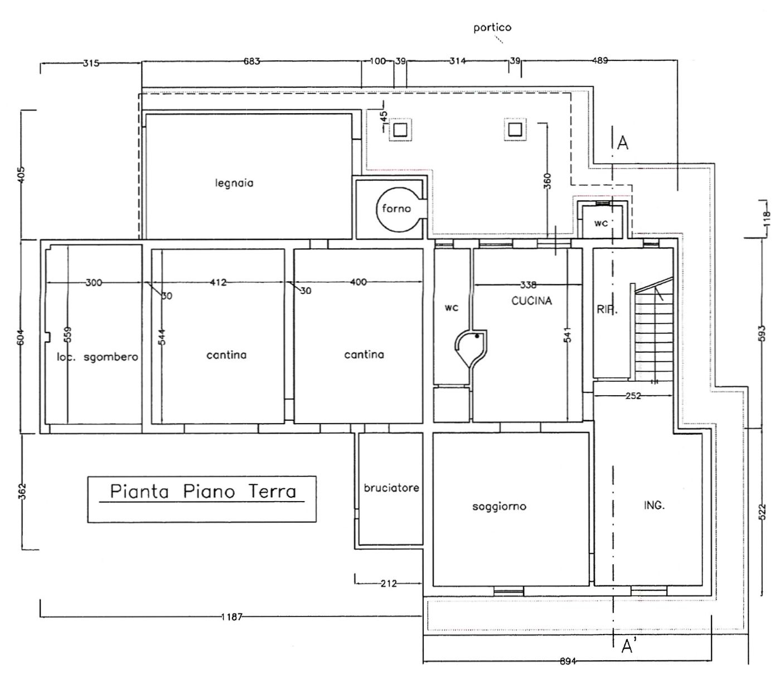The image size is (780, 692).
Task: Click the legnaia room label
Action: (234, 182)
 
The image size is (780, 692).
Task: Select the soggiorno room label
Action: (499, 506)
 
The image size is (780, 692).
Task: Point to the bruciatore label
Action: (391, 488)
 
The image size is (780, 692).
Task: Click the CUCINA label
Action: (531, 301)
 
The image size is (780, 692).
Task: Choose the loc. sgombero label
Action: (98, 357)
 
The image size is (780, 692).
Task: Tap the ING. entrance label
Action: (654, 505)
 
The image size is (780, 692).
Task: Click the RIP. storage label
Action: (607, 309)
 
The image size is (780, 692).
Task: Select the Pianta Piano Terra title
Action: (203, 491)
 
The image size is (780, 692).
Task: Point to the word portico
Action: (492, 28)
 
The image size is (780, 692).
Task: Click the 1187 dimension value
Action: (231, 617)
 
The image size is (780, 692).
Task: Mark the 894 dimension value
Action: (568, 661)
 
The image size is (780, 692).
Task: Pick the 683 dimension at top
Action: (251, 61)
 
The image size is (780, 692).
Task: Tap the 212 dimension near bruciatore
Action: (389, 583)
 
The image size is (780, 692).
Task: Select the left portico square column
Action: (400, 129)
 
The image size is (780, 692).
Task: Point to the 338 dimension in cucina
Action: (528, 285)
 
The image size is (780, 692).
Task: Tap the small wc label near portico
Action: (601, 223)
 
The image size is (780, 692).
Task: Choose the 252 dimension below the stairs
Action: (633, 396)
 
